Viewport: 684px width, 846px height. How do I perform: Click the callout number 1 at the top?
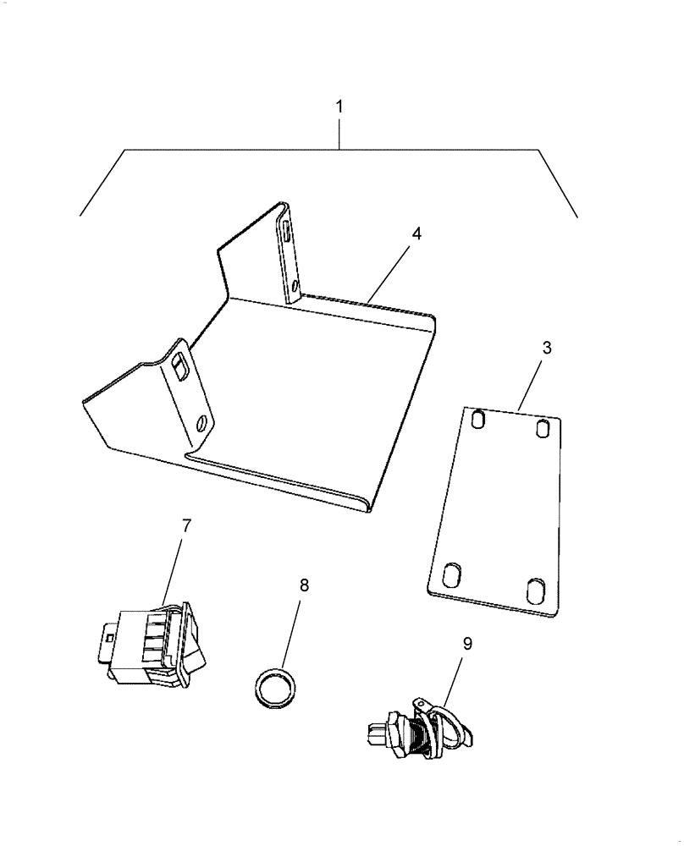(x=339, y=107)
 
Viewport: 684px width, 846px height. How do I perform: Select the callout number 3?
(x=547, y=348)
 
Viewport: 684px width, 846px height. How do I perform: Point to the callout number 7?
(x=186, y=525)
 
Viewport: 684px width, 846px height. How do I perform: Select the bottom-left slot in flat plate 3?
(x=451, y=578)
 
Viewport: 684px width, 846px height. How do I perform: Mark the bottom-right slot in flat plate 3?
(x=535, y=589)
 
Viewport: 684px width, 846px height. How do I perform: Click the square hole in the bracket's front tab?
(x=180, y=365)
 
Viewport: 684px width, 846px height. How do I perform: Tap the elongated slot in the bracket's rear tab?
(x=288, y=230)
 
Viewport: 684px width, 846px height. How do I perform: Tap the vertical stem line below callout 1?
(x=339, y=134)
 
